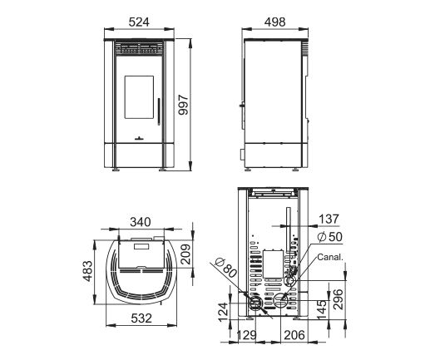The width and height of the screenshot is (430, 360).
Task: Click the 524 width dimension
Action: coord(139,22)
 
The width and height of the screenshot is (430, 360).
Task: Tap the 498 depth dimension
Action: coord(274,22)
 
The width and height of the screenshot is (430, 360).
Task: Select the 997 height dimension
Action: coord(183,105)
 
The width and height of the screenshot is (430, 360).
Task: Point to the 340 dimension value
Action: coord(141,222)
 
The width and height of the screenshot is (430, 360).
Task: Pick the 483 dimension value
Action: coord(87,271)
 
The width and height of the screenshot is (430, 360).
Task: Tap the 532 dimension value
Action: coord(141,318)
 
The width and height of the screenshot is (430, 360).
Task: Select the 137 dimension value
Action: coord(329,219)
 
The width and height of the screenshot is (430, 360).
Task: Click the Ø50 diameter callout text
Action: coord(329,237)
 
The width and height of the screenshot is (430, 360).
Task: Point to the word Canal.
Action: coord(330,257)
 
